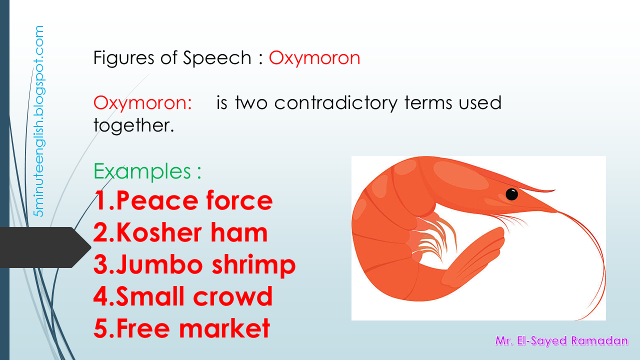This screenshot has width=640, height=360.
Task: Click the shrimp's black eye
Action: tap(511, 194)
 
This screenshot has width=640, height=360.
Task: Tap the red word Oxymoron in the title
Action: tap(314, 58)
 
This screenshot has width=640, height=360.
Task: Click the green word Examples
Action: tap(142, 171)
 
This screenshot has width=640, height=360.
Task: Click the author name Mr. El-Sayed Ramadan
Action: tap(562, 341)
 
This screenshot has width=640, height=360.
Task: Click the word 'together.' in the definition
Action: tap(133, 125)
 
